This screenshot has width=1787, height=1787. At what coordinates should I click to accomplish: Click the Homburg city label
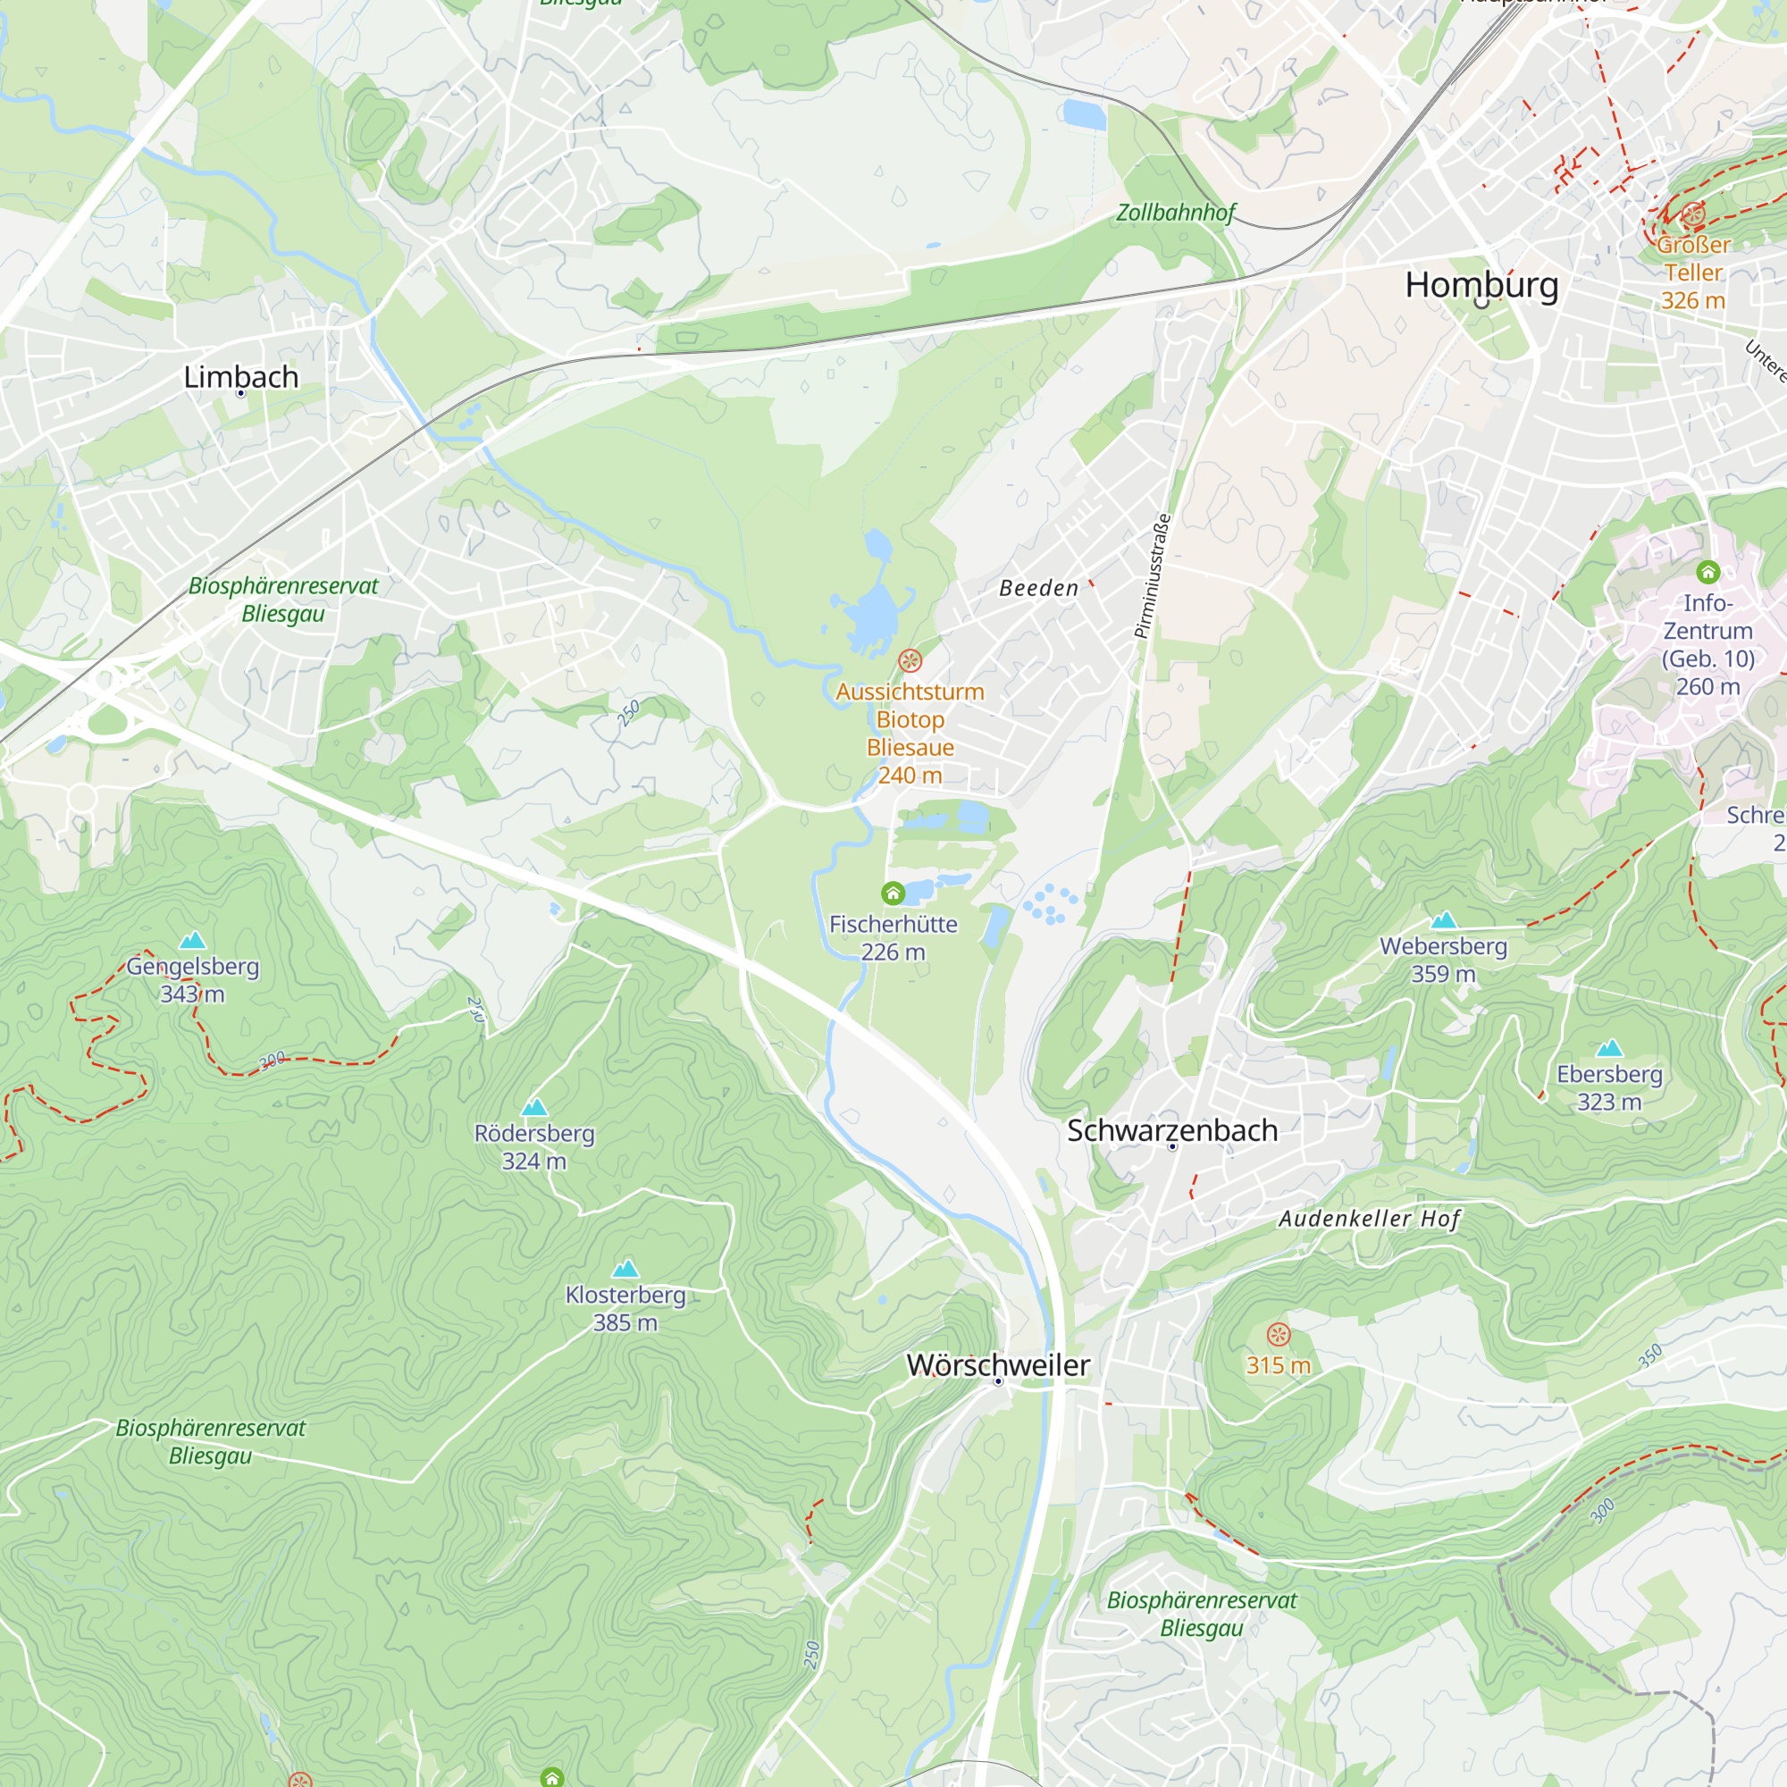pos(1481,285)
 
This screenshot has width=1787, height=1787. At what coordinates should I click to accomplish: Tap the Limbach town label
pos(240,377)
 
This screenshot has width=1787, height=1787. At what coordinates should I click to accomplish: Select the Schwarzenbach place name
pos(1172,1130)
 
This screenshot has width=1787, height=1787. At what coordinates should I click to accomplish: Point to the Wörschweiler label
pos(998,1365)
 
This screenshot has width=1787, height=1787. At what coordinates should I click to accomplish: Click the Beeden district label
pos(1039,588)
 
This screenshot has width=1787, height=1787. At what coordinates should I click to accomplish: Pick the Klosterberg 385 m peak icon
pos(626,1268)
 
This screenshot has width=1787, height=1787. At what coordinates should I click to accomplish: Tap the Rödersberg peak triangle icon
pos(534,1107)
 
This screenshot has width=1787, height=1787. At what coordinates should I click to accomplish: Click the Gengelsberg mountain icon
pos(192,941)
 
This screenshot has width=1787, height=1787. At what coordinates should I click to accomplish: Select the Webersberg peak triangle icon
pos(1444,920)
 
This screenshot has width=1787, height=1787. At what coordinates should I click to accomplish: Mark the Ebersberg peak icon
pos(1609,1048)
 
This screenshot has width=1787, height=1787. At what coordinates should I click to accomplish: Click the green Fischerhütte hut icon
pos(893,893)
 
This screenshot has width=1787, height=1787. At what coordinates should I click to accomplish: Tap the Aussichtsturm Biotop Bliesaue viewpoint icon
pos(910,660)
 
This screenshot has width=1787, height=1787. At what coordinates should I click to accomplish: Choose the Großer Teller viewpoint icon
pos(1692,215)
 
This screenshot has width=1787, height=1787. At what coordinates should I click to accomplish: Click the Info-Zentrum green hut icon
pos(1708,572)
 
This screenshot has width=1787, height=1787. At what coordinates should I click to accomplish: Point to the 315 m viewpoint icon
pos(1279,1335)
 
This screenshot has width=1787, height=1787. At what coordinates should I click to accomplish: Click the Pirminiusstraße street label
pos(1153,576)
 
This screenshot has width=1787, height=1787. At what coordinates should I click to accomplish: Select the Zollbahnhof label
pos(1176,213)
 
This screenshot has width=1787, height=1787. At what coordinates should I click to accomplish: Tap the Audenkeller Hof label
pos(1369,1219)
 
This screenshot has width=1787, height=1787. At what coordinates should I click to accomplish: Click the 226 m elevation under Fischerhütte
pos(893,952)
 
